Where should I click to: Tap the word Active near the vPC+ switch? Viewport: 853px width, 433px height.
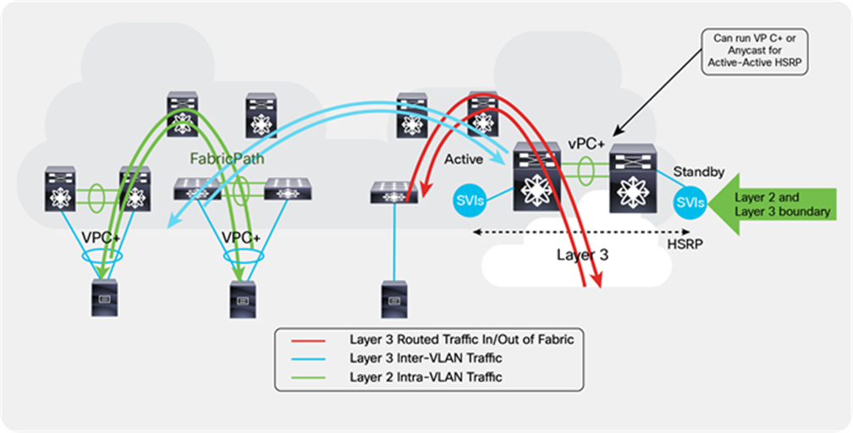coord(463,159)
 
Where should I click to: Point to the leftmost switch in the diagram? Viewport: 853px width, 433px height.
coord(61,188)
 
